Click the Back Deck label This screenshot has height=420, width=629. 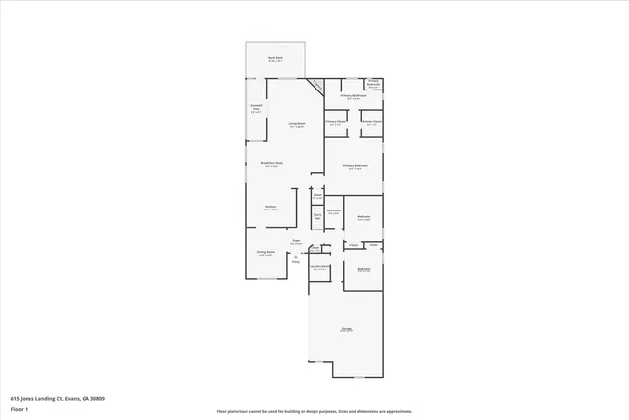[x=275, y=59]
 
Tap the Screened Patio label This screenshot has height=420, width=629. [x=256, y=110]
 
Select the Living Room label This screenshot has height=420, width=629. [x=297, y=125]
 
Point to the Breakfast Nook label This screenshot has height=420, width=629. [x=272, y=164]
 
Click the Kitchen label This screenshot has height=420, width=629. [x=270, y=207]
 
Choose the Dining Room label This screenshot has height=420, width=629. [x=264, y=253]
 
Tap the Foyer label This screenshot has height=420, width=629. [x=295, y=241]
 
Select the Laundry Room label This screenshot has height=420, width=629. [x=320, y=267]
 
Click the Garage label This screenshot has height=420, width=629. [x=347, y=329]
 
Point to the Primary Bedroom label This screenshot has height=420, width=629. [x=355, y=166]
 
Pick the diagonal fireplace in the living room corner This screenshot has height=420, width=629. [x=316, y=86]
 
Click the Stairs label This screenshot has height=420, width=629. [x=317, y=215]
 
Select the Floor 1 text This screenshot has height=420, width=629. [x=20, y=409]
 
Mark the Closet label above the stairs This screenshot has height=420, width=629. [x=317, y=196]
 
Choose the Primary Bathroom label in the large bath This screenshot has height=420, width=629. [x=354, y=96]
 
